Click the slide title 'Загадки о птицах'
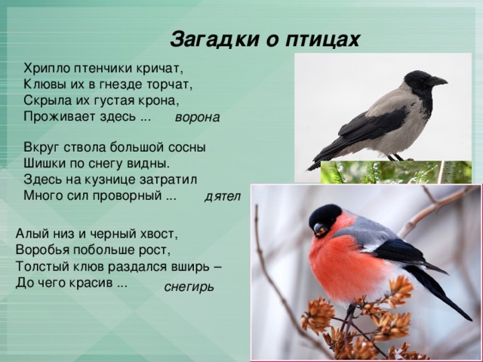click(x=265, y=39)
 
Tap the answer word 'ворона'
click(x=196, y=118)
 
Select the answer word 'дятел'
click(x=222, y=197)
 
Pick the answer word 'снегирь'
click(x=189, y=287)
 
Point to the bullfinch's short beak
click(x=318, y=229)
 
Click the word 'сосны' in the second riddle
click(x=188, y=146)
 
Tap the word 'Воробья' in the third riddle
click(x=42, y=250)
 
